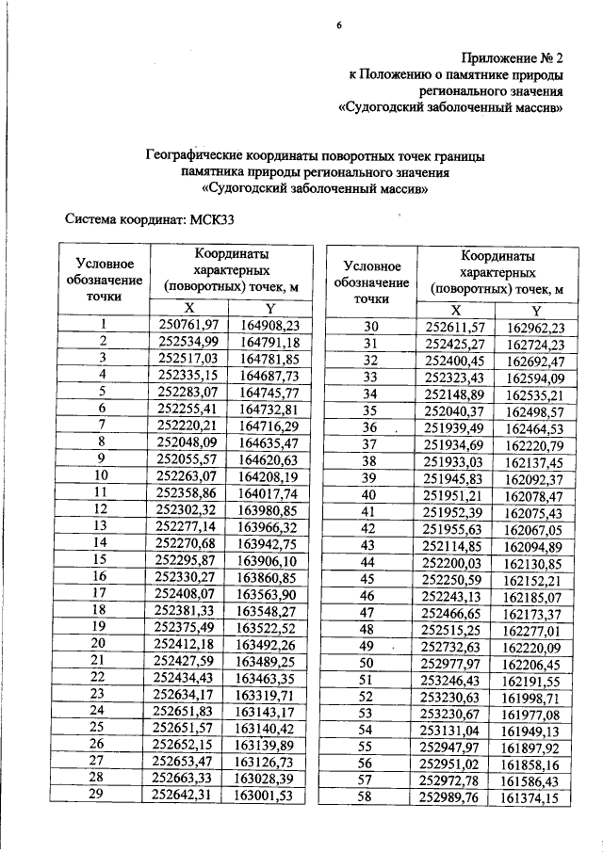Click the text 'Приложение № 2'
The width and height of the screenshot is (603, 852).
513,57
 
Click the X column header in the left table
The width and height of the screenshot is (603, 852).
187,308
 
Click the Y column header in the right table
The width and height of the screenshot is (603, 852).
536,310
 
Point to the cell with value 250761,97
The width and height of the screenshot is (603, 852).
187,325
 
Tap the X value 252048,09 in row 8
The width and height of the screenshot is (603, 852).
187,442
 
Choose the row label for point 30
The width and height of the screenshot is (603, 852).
370,327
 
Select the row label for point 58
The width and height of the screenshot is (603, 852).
370,798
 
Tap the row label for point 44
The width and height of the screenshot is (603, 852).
370,562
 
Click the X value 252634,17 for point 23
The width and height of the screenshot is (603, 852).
187,695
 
